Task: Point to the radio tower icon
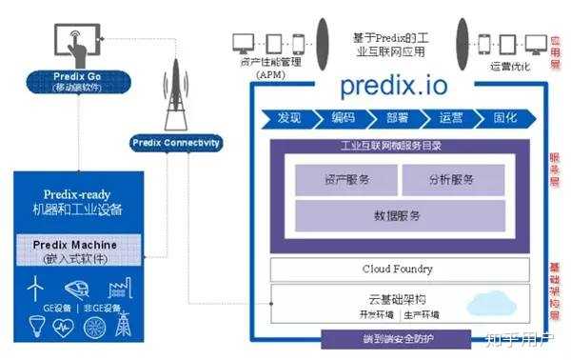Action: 174,95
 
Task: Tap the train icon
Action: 77,288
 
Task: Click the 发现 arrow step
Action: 288,119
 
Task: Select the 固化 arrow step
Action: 505,119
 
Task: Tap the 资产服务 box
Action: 345,179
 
